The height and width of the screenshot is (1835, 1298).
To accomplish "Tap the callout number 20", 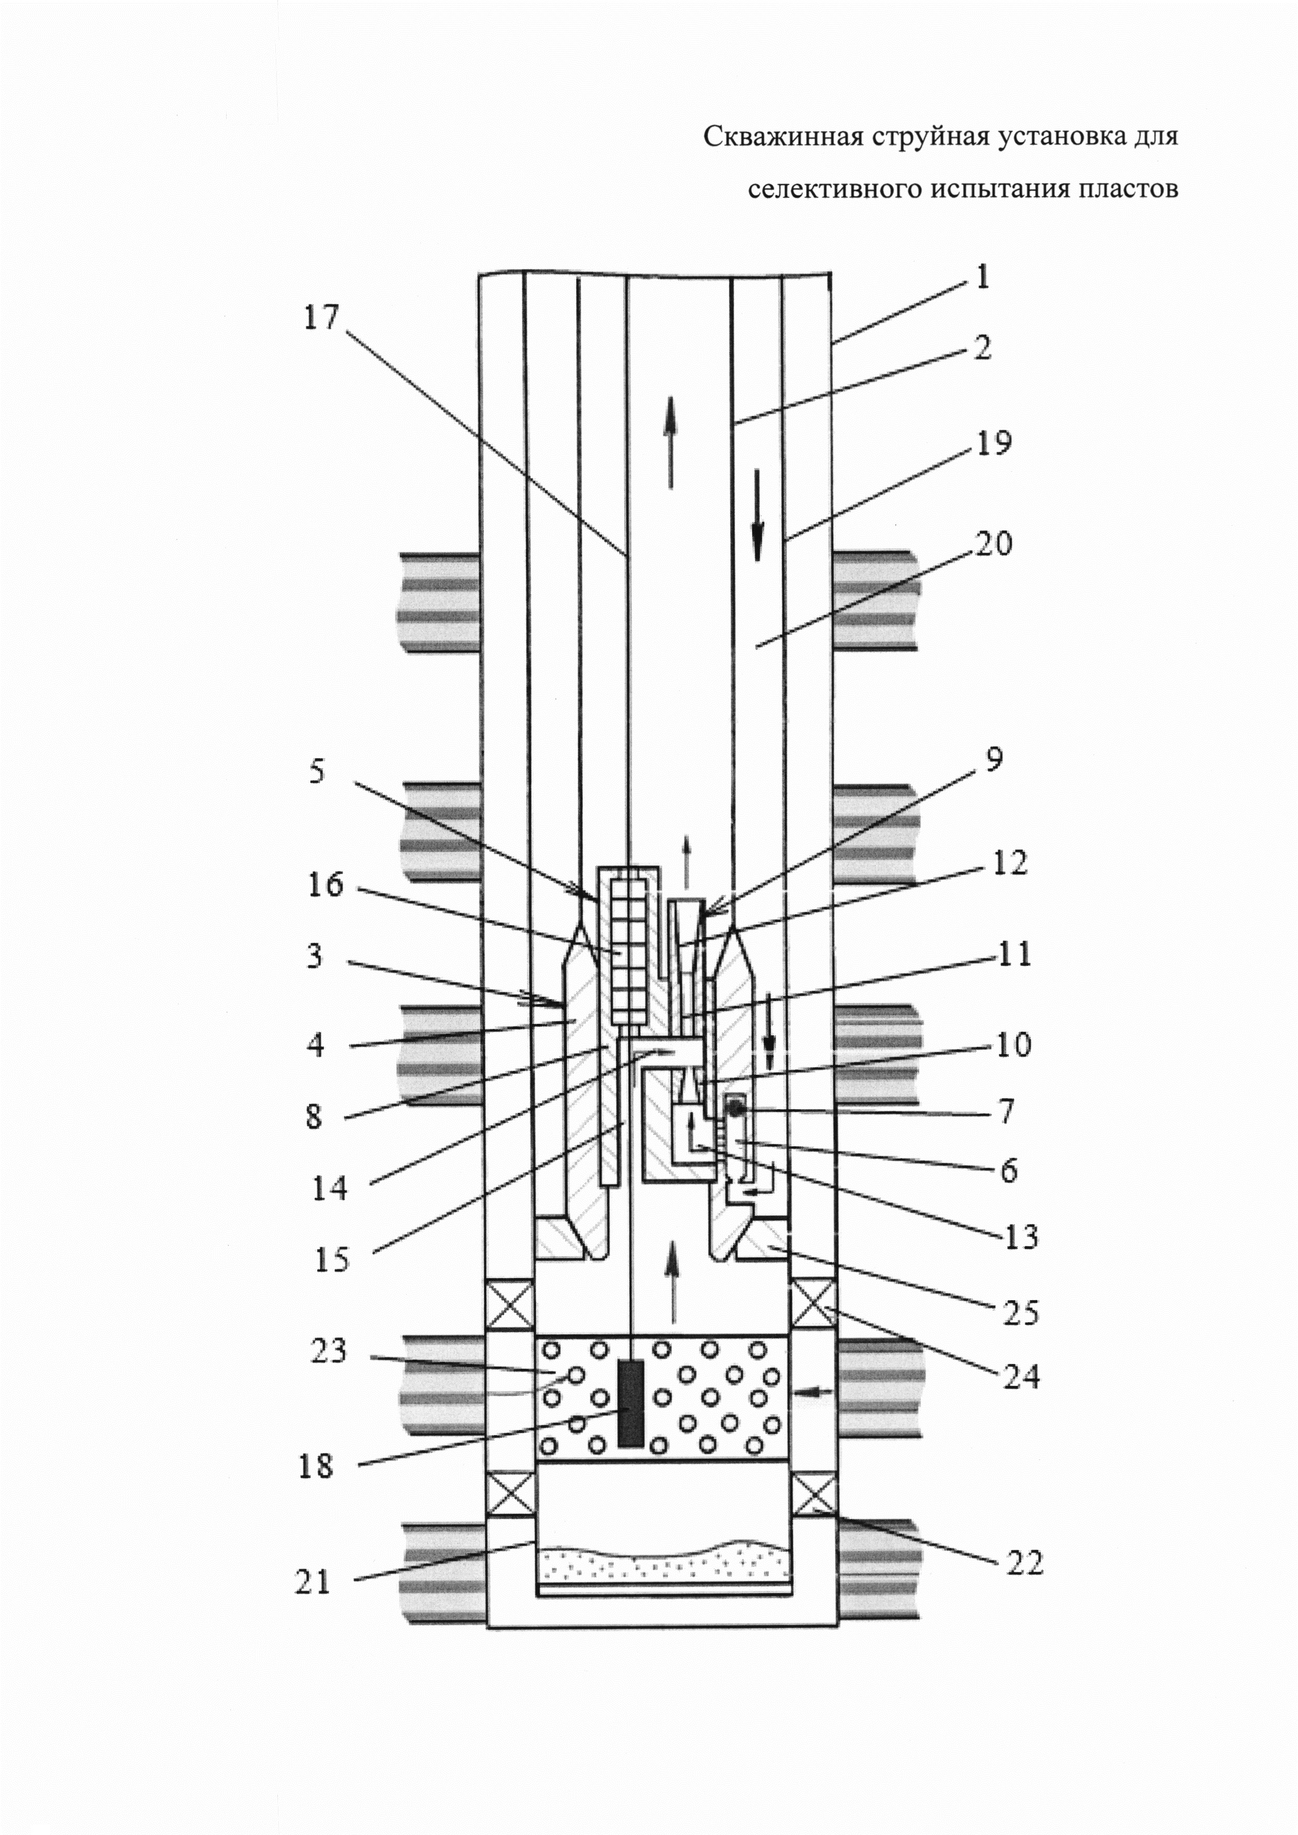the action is coord(993,544).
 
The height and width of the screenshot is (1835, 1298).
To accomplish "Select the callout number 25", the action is coord(1020,1313).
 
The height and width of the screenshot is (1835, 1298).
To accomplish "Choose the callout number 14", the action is coord(329,1188).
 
